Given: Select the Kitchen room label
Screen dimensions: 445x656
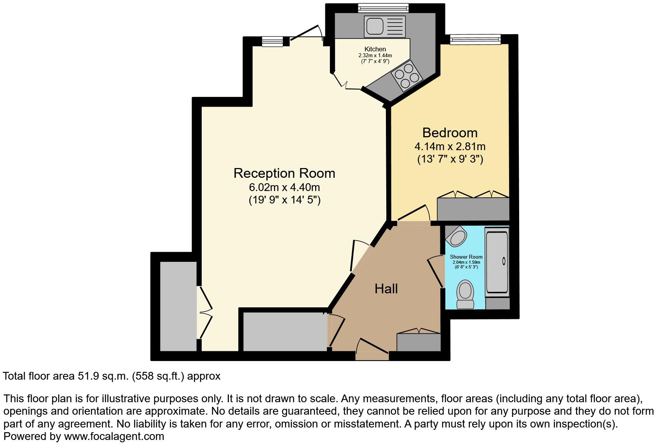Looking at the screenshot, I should (x=375, y=49).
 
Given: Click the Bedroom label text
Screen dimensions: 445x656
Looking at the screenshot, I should (x=450, y=133).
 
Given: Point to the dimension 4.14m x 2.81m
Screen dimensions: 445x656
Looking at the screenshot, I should (x=450, y=147).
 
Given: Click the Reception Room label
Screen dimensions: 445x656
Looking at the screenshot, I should (x=284, y=173).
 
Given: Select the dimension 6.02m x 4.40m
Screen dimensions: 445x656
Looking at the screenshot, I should (x=284, y=187).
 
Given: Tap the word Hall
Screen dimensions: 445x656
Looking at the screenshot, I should (x=386, y=289).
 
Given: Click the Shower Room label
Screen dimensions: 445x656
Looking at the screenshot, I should (x=466, y=257).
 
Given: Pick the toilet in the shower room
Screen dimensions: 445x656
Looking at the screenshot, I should (x=465, y=294).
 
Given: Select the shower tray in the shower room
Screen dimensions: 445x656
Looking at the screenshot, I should (x=497, y=263).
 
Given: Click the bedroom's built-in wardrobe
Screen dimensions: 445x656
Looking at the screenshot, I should (x=473, y=209).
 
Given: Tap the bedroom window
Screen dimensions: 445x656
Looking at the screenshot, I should (x=475, y=39).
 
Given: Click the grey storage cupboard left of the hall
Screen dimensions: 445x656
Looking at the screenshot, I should (x=285, y=332).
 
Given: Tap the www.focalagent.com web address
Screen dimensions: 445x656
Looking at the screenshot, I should (x=114, y=436).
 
